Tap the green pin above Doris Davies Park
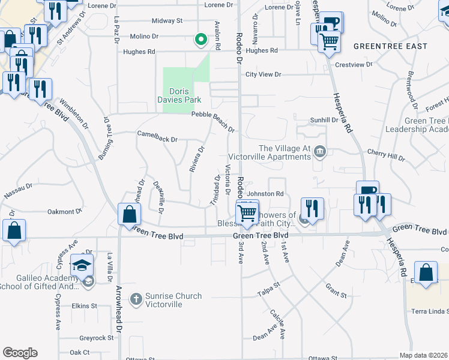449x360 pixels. [x=201, y=40]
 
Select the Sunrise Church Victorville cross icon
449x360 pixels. [x=137, y=298]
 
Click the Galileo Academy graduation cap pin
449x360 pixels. [x=82, y=265]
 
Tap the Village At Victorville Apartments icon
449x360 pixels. [x=321, y=150]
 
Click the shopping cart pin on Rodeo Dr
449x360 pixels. [x=247, y=213]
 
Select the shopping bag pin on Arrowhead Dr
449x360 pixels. [x=130, y=214]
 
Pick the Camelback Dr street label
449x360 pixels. [x=157, y=139]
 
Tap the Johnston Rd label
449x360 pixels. [x=265, y=194]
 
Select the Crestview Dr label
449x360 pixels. [x=354, y=64]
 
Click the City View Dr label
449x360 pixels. [x=263, y=75]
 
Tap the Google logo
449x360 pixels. [x=20, y=353]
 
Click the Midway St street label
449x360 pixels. [x=167, y=20]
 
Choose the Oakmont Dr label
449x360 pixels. [x=64, y=212]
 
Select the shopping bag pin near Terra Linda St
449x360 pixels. [x=426, y=272]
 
